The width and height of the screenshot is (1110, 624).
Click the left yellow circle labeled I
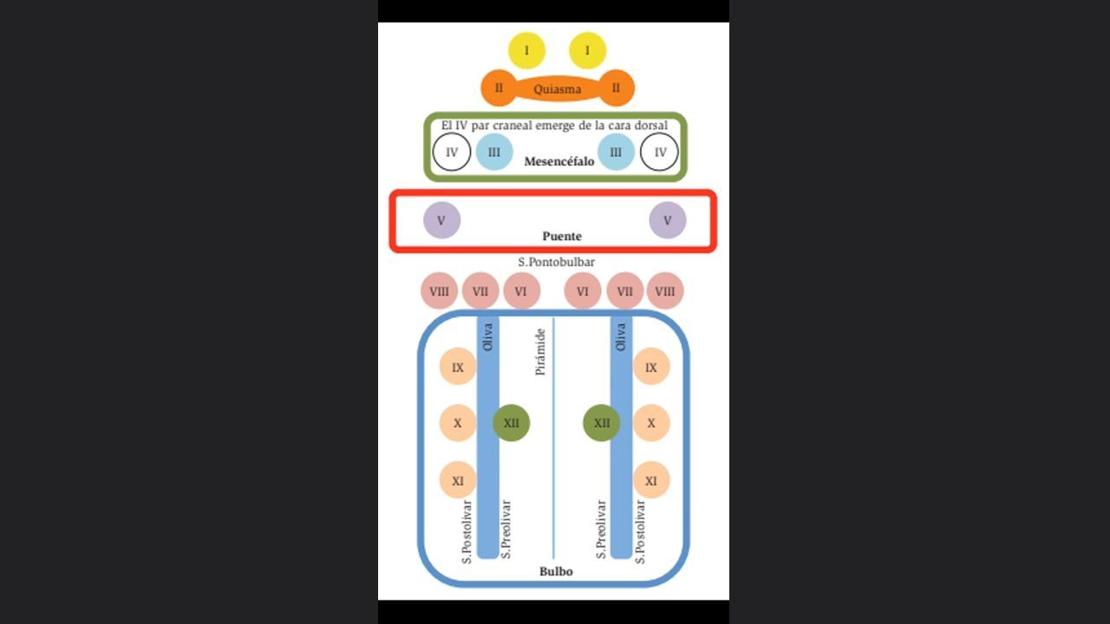[x=526, y=50]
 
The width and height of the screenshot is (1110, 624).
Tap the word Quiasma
[x=557, y=89]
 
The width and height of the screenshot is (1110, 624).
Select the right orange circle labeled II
[x=616, y=88]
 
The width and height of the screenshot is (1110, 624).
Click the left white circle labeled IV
[x=452, y=152]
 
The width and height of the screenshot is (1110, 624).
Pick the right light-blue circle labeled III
[x=616, y=152]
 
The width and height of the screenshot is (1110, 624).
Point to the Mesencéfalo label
[x=559, y=161]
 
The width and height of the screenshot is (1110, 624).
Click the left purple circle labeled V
[x=441, y=220]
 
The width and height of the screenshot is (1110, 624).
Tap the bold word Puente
[x=562, y=237]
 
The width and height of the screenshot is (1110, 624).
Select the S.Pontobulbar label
[x=556, y=262]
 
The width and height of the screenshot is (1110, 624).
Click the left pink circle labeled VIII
[x=439, y=290]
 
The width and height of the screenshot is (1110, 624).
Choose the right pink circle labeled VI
[x=583, y=290]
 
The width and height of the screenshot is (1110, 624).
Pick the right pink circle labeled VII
[x=625, y=290]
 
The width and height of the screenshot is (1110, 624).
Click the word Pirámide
[x=540, y=352]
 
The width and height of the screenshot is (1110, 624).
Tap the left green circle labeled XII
[x=511, y=423]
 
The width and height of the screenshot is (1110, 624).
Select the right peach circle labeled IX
[x=651, y=367]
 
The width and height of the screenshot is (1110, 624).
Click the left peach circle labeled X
[x=458, y=423]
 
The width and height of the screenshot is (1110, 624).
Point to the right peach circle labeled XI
[x=651, y=480]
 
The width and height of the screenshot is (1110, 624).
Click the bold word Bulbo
[x=556, y=571]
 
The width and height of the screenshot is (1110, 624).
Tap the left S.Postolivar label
[x=467, y=532]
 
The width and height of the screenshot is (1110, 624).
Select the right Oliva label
[x=621, y=337]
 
